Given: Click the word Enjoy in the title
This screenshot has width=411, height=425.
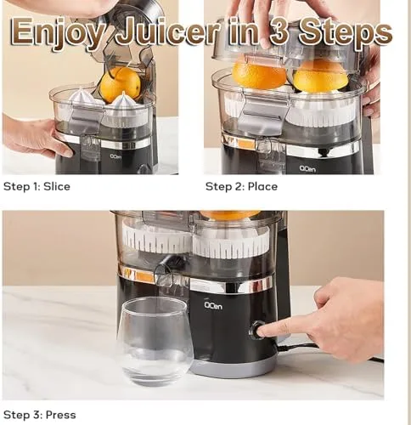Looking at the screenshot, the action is (57, 32).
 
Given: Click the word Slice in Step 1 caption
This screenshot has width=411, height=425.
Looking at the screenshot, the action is (57, 187).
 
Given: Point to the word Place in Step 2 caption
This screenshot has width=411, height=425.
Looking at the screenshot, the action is (262, 187).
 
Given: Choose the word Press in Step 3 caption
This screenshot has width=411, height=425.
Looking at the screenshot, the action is (60, 415).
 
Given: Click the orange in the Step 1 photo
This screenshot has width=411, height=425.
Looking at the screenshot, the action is (121, 84).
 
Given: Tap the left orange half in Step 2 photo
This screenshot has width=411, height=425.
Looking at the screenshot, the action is (259, 74).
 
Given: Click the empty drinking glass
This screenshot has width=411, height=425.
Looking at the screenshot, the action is (155, 341).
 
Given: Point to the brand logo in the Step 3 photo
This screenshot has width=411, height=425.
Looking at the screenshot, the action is (213, 305).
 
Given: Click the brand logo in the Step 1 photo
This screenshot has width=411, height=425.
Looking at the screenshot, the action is (115, 156).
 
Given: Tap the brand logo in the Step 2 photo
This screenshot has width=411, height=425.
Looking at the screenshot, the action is (307, 169).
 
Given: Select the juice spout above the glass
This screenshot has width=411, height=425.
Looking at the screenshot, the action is (164, 274).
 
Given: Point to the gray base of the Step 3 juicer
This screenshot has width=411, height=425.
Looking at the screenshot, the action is (234, 368).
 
